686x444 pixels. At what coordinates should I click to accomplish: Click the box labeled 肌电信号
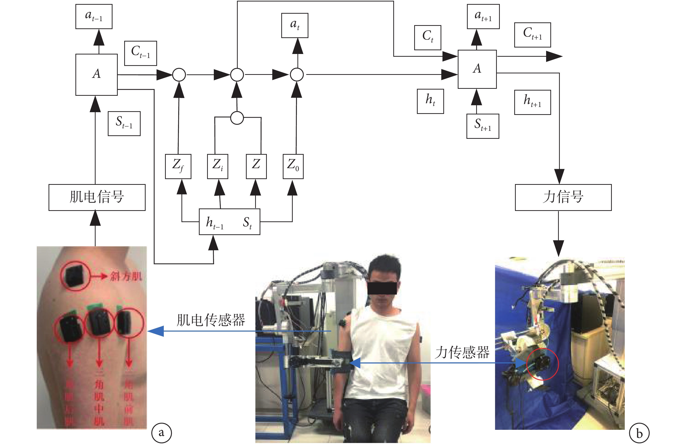(97, 197)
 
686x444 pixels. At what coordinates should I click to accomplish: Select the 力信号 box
(563, 197)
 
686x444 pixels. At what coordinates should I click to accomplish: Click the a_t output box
(294, 25)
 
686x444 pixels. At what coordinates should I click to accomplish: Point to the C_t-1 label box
(141, 53)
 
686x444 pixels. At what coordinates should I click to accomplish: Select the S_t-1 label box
(124, 123)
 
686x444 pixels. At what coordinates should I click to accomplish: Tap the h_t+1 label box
(532, 102)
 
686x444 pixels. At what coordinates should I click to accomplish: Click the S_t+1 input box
(483, 126)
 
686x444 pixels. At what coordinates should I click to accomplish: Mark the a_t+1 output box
(483, 16)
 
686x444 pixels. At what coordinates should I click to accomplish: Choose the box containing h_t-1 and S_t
(229, 222)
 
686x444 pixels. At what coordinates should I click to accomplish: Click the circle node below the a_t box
(297, 75)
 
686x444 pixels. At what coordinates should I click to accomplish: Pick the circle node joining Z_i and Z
(237, 118)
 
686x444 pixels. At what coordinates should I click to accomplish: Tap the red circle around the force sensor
(542, 364)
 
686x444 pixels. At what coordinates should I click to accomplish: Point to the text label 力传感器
(462, 352)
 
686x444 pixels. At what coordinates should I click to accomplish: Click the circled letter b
(639, 433)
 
